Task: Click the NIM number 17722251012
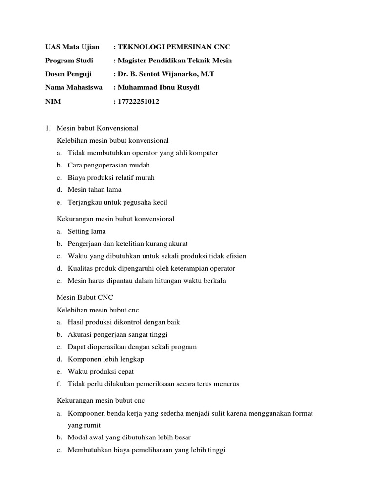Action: tap(138, 102)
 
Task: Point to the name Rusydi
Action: tap(186, 88)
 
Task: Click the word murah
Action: tap(145, 178)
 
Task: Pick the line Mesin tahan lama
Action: tap(94, 190)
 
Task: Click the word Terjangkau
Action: tap(84, 202)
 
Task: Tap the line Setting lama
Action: tap(86, 231)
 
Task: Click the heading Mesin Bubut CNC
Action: tap(85, 297)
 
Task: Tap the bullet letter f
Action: tap(58, 384)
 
